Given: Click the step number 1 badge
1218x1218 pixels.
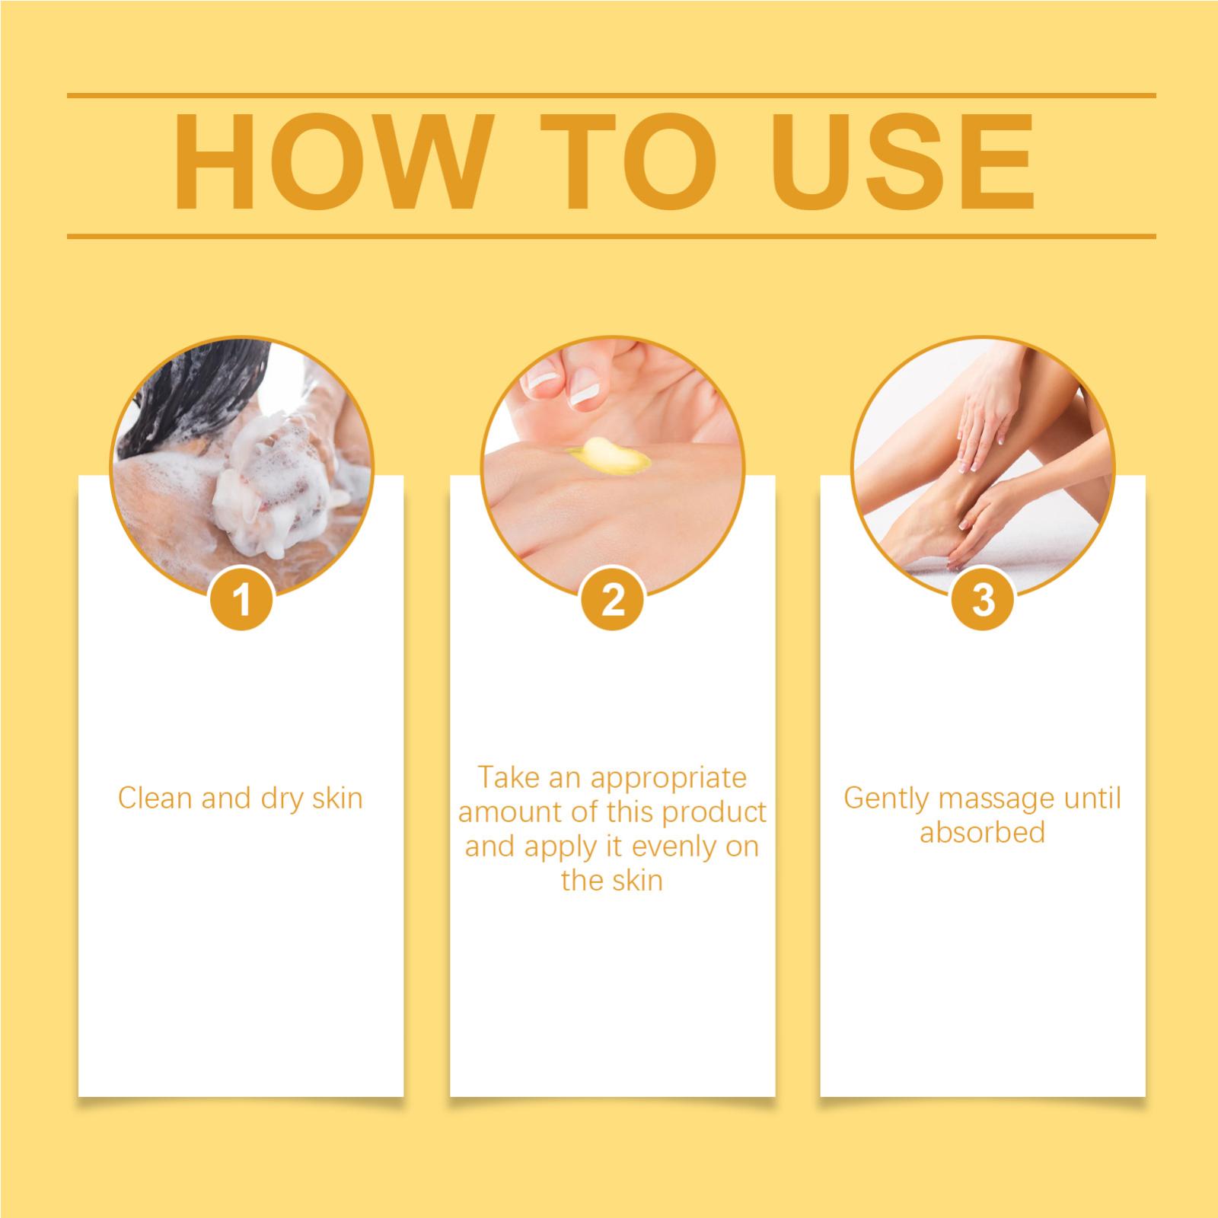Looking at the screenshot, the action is tap(243, 600).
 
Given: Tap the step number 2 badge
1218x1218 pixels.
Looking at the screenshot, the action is tap(613, 600).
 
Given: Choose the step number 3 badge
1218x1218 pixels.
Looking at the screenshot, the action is tap(984, 600).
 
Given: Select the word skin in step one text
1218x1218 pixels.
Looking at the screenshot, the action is tap(337, 799).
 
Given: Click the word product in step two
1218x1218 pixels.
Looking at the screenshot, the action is tap(714, 813).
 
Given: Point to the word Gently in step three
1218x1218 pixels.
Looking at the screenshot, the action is tap(887, 799).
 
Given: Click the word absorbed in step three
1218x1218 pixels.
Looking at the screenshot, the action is tap(982, 833).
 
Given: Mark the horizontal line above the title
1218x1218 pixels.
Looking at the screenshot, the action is tap(611, 96).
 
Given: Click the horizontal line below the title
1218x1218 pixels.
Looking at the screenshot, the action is tap(611, 236).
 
